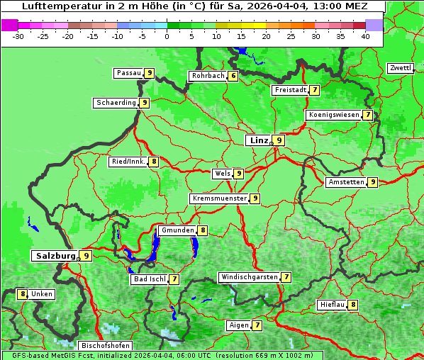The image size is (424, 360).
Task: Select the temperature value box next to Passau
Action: click(149, 73)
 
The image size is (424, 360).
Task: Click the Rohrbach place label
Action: click(208, 76)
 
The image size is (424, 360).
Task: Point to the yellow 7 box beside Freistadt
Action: click(314, 90)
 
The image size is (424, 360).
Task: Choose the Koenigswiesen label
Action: click(334, 115)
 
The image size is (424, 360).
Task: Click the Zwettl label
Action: click(400, 68)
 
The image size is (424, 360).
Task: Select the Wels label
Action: click(222, 174)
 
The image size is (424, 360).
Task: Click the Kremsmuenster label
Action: click(219, 198)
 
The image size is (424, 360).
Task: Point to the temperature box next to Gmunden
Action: click(203, 230)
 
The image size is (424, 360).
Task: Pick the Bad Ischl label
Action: click(149, 279)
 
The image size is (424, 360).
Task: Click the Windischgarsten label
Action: click(249, 277)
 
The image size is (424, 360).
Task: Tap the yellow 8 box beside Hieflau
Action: click(353, 305)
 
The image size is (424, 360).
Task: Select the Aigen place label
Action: click(238, 325)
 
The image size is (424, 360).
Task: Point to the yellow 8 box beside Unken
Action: click(23, 293)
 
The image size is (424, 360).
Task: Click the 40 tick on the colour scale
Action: click(365, 35)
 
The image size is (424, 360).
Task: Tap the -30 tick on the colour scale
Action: click(18, 35)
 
